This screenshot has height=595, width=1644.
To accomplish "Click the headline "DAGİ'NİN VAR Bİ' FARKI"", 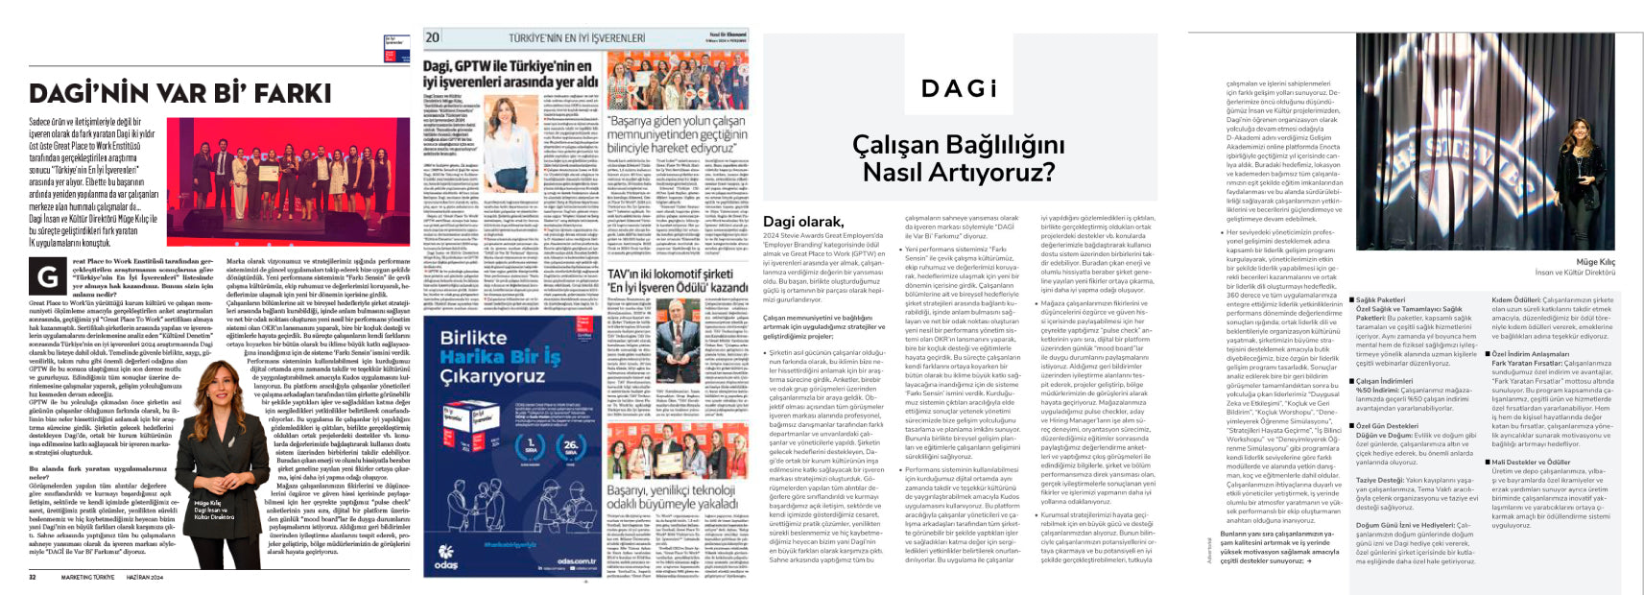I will [x=179, y=93].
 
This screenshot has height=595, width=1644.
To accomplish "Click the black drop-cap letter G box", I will [x=46, y=277].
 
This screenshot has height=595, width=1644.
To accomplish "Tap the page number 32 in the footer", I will [x=32, y=577].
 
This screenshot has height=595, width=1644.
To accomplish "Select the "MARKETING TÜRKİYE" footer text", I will [x=88, y=577].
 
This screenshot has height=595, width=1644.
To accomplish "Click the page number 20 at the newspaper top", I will [x=433, y=37].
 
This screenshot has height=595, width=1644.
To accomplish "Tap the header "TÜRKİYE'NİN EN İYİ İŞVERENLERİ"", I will [x=576, y=38].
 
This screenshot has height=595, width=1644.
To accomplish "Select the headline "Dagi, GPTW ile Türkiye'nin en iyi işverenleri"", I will [x=507, y=74].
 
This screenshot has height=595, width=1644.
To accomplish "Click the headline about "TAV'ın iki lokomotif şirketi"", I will [x=677, y=280].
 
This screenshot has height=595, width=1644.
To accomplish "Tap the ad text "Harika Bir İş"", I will [x=499, y=357].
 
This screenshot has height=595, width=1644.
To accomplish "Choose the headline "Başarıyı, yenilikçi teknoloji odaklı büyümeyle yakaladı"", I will [x=671, y=496].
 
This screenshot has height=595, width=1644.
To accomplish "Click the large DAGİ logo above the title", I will [x=959, y=89].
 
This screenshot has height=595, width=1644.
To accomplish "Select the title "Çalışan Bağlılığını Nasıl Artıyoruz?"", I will [x=958, y=158].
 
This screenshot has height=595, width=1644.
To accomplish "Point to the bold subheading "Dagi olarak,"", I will [x=802, y=222].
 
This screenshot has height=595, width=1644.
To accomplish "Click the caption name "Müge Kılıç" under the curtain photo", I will [x=1595, y=261].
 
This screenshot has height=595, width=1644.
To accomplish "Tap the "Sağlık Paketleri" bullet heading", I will [x=1380, y=299].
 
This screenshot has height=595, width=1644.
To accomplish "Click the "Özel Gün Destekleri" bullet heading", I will [x=1387, y=425].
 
